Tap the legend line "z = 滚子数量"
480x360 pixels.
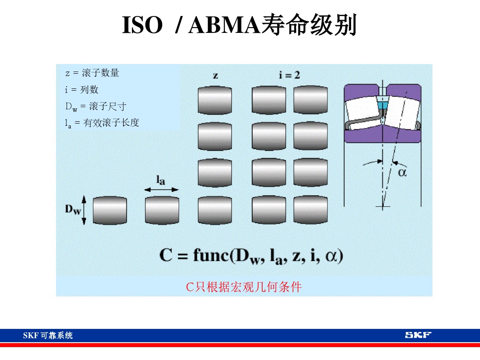(x=92, y=73)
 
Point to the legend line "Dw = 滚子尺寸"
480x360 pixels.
(x=96, y=107)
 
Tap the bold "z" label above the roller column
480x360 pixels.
(x=215, y=76)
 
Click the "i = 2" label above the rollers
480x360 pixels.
(x=289, y=75)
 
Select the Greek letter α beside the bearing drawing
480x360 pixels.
(x=402, y=172)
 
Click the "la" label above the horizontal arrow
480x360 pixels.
(x=161, y=180)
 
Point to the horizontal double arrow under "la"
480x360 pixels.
(x=162, y=190)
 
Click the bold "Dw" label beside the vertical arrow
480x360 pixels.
(x=73, y=209)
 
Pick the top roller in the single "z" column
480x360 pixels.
(x=215, y=100)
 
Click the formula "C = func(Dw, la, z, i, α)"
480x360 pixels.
(x=251, y=256)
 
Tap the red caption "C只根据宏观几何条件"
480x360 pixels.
(x=244, y=288)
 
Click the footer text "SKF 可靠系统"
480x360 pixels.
(x=48, y=336)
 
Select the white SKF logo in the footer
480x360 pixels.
(x=418, y=335)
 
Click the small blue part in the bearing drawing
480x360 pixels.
(x=382, y=105)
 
